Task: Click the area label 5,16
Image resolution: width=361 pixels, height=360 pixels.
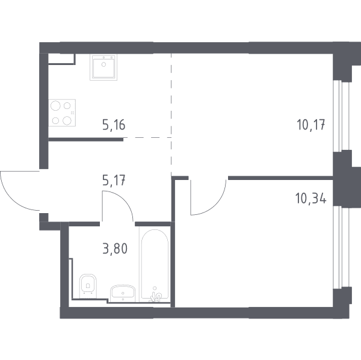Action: coord(114,126)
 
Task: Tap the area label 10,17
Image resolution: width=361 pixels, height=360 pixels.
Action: coord(311,125)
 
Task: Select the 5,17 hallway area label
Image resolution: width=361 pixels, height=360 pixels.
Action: coord(114,180)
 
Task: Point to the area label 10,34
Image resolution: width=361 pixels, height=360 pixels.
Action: coord(311,198)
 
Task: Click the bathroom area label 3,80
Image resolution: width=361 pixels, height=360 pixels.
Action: coord(115,249)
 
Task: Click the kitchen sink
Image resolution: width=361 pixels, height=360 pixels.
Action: coord(103,67)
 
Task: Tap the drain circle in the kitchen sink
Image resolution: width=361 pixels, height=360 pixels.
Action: coord(103,64)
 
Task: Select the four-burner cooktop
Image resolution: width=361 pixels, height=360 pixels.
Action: coord(62,113)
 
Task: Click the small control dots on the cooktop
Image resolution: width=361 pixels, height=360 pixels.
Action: coord(72,113)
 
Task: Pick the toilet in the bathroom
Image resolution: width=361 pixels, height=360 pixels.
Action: coord(88,286)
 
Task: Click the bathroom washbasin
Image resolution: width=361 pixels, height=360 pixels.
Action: coord(123,293)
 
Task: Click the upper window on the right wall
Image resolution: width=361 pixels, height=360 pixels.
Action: coord(342,116)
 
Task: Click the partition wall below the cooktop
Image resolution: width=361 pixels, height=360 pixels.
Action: coord(85,139)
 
